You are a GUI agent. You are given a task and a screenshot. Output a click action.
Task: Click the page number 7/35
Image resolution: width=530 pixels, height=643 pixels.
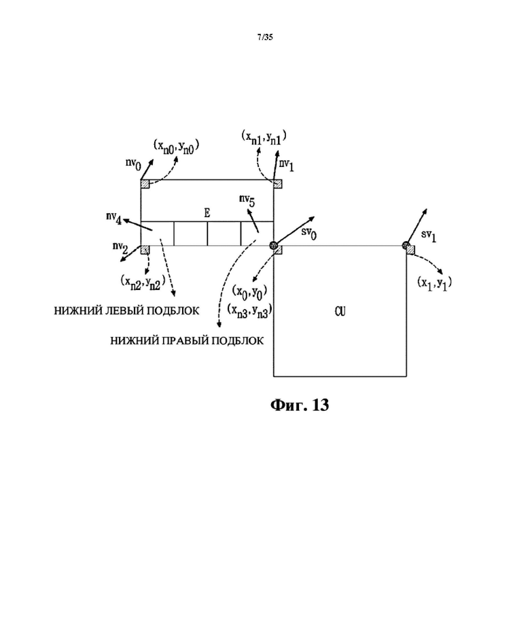click(x=265, y=37)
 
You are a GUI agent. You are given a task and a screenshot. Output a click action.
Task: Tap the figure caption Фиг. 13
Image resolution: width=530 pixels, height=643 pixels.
click(x=300, y=405)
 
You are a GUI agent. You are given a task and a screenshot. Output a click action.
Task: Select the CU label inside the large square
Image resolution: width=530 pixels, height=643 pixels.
click(x=340, y=312)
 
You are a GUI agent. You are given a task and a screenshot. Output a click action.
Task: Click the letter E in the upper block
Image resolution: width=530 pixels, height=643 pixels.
click(x=207, y=213)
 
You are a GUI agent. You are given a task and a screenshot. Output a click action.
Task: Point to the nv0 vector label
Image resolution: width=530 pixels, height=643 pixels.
click(x=133, y=164)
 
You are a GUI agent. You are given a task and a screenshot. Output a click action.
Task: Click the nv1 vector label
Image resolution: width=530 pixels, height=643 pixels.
click(x=286, y=165)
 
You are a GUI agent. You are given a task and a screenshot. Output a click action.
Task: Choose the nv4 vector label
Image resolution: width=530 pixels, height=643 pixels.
click(x=113, y=218)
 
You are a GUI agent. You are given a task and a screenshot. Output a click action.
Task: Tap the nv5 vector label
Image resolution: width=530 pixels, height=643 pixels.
click(x=247, y=200)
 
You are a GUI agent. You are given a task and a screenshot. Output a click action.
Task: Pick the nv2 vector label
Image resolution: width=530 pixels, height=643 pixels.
click(x=120, y=247)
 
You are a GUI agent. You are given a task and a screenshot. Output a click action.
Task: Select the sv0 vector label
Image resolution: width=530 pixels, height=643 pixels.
click(x=308, y=234)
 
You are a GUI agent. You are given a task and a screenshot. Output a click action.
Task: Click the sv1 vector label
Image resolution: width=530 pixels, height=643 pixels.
click(x=429, y=236)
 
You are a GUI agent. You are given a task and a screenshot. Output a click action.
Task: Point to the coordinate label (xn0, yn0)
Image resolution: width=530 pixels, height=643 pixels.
click(x=176, y=147)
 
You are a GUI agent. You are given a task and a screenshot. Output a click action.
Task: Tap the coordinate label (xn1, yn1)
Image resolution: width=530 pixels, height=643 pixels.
click(x=264, y=137)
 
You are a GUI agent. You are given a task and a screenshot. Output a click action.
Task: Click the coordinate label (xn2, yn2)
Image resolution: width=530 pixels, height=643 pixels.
click(x=143, y=282)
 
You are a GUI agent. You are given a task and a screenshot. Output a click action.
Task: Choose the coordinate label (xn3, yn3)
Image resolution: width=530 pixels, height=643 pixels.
click(x=249, y=311)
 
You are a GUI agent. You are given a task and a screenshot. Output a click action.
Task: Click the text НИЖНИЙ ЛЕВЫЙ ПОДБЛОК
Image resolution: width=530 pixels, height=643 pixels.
click(x=126, y=311)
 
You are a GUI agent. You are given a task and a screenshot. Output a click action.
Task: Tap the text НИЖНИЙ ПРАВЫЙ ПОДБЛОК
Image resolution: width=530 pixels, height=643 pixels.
click(x=187, y=341)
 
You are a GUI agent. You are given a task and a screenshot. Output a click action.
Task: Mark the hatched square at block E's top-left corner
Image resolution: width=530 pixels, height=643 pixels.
click(x=145, y=184)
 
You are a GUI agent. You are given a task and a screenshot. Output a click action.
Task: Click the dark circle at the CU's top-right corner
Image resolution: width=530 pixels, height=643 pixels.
click(x=406, y=246)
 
